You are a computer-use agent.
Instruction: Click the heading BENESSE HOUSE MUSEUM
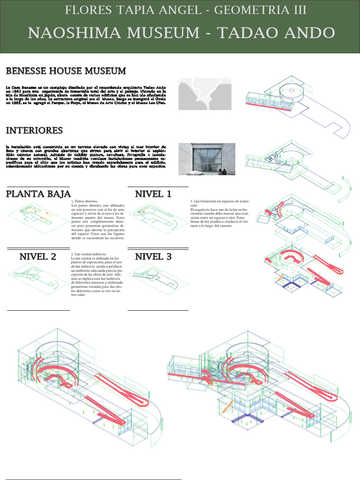click(66, 71)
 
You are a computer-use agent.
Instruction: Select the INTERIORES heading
click(34, 130)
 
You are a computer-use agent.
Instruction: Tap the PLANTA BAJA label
click(38, 194)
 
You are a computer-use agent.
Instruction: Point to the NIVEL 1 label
click(153, 194)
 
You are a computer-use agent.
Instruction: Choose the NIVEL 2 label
click(37, 256)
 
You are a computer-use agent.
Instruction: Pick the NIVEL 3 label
click(153, 256)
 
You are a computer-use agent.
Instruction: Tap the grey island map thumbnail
click(205, 94)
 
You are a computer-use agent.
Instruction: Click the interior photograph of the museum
click(207, 159)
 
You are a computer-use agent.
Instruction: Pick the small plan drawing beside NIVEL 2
click(35, 277)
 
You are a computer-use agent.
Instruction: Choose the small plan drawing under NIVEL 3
click(153, 277)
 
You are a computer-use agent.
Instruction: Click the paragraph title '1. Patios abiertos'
click(84, 201)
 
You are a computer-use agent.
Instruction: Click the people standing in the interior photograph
click(222, 172)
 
